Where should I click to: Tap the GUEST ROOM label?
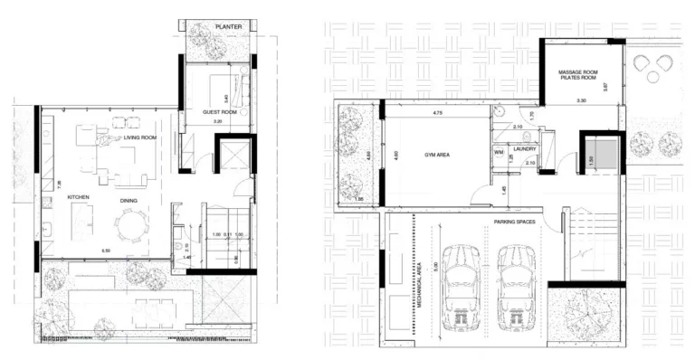(x=219, y=111)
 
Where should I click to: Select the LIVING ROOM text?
(x=141, y=137)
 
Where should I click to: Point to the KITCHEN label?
(x=56, y=196)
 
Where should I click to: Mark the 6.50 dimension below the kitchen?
(x=105, y=250)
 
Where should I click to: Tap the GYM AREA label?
(x=437, y=155)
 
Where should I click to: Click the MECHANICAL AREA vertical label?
(x=420, y=280)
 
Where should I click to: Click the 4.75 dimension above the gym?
(x=437, y=114)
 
